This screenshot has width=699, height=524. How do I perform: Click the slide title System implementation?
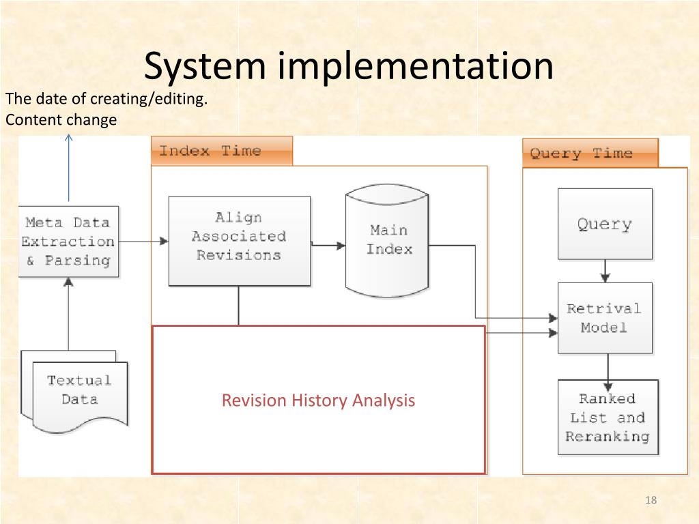pos(348,67)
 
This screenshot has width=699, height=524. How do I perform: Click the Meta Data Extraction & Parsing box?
pos(68,242)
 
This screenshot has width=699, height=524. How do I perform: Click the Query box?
pos(604,224)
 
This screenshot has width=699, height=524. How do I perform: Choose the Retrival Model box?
pos(604,317)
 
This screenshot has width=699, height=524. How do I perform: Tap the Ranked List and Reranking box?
pos(608,417)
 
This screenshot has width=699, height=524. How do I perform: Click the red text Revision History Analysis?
pos(318,400)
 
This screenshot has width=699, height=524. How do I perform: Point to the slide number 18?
pos(650,501)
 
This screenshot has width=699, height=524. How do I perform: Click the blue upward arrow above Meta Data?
pos(68,171)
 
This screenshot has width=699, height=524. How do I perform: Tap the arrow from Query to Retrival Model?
pos(605,271)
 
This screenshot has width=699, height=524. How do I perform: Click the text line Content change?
pos(61,120)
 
